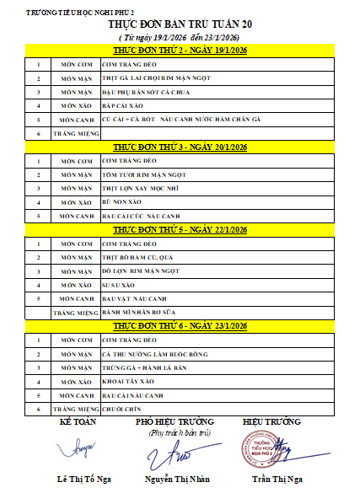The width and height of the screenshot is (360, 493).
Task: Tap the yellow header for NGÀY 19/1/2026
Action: [180, 51]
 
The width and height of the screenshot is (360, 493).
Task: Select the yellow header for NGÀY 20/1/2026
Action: [180, 147]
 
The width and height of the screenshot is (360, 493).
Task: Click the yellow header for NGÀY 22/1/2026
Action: [180, 230]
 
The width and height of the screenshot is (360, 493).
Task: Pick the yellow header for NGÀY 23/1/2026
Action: [180, 325]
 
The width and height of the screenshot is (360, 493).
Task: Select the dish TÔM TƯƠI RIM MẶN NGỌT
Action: [136, 174]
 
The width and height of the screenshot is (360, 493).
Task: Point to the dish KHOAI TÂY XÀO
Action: [122, 381]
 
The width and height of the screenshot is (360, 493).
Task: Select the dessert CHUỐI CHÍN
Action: [119, 408]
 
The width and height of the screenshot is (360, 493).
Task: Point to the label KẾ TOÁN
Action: [78, 421]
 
